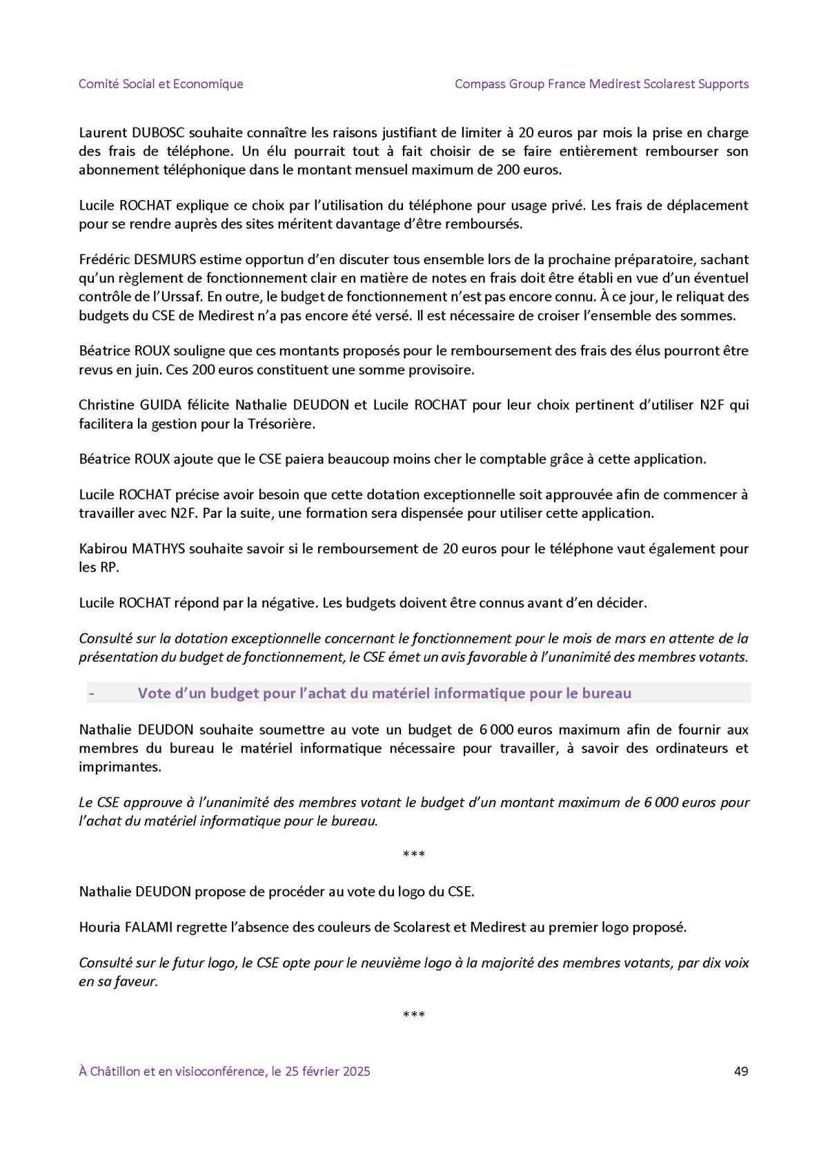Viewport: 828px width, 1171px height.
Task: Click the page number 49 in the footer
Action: (741, 1071)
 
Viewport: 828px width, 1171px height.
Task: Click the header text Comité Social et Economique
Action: (161, 84)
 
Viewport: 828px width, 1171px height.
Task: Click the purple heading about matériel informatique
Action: (384, 693)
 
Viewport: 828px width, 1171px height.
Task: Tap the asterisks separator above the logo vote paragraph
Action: (413, 855)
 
